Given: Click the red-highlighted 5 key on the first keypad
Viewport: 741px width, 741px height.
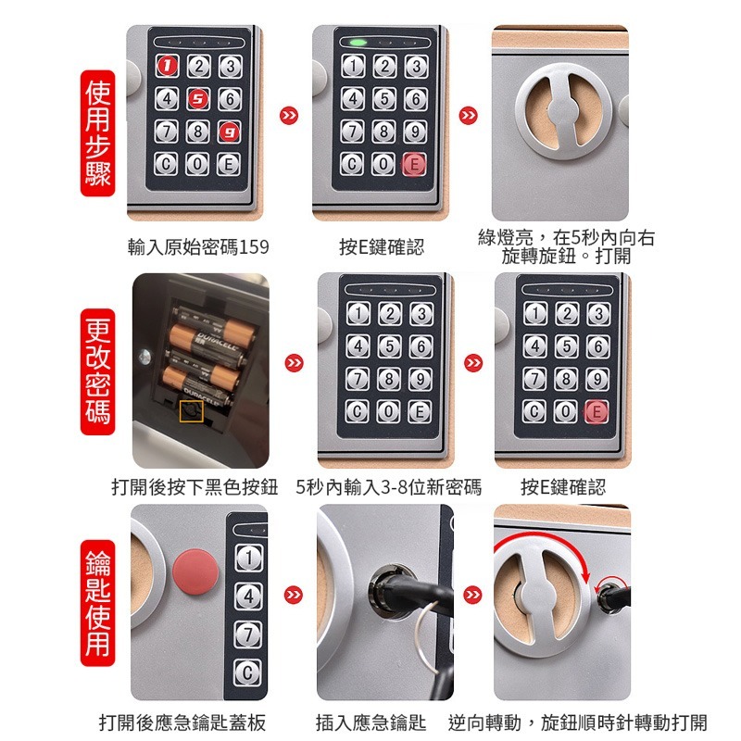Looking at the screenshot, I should (x=197, y=99).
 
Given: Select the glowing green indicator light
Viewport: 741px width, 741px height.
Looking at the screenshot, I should (x=358, y=43).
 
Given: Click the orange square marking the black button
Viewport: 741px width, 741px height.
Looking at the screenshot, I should (x=192, y=410).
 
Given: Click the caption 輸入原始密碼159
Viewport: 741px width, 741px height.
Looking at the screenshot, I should (x=198, y=247).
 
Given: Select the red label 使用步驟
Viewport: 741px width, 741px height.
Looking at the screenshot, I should (x=98, y=134).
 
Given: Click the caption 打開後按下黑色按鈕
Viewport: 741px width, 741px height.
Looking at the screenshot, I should (x=195, y=487).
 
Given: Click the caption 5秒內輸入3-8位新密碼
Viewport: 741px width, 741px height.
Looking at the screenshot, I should (x=389, y=487).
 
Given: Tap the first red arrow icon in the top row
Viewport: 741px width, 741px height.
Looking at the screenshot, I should (x=290, y=116).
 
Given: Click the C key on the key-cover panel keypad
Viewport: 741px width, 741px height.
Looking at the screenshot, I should (x=247, y=672).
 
